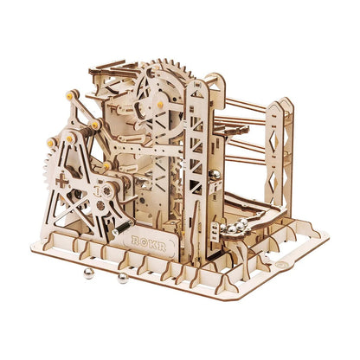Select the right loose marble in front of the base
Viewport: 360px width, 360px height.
click(123, 278)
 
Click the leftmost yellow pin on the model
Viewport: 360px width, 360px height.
click(50, 142)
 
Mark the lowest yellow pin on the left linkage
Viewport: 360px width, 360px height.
click(106, 165)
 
